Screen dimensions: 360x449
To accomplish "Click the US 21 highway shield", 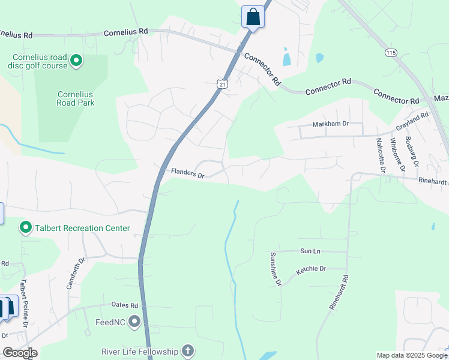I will pyautogui.click(x=222, y=85).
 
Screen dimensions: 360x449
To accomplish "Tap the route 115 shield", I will pyautogui.click(x=391, y=53).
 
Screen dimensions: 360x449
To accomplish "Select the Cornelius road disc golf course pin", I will pyautogui.click(x=76, y=61).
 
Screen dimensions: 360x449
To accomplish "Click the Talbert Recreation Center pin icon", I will pyautogui.click(x=26, y=228).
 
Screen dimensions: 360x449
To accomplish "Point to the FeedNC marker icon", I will pyautogui.click(x=134, y=322).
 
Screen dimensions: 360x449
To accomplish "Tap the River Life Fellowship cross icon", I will pyautogui.click(x=188, y=352).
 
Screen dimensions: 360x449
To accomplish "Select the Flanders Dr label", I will pyautogui.click(x=188, y=173).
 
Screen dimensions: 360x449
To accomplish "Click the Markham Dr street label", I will pyautogui.click(x=330, y=124).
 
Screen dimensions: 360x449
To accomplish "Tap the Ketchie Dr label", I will pyautogui.click(x=311, y=271).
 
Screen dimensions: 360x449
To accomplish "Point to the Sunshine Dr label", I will pyautogui.click(x=275, y=269).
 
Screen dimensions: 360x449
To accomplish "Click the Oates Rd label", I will pyautogui.click(x=125, y=305).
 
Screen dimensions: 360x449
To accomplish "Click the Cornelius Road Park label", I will pyautogui.click(x=76, y=98).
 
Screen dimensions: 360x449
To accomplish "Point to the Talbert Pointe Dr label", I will pyautogui.click(x=24, y=303).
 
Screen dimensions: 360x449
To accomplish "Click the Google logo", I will pyautogui.click(x=20, y=353).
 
